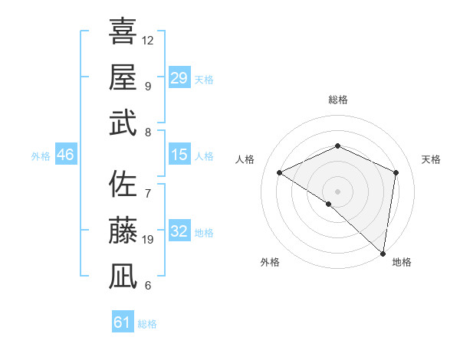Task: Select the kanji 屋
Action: (123, 77)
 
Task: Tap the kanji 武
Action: (123, 123)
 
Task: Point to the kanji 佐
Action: (123, 185)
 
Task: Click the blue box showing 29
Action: (179, 78)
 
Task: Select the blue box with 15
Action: (179, 155)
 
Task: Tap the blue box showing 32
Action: (179, 231)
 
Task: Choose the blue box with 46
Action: (66, 155)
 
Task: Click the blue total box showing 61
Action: (122, 322)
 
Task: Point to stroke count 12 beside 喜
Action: (148, 40)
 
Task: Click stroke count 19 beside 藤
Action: (148, 240)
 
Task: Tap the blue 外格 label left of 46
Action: (41, 155)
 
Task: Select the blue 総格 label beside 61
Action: (147, 324)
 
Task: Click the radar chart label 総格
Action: (337, 100)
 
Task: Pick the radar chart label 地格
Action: (402, 262)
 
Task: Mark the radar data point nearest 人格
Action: (280, 172)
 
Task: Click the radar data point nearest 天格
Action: (396, 172)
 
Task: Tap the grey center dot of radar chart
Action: (337, 191)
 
